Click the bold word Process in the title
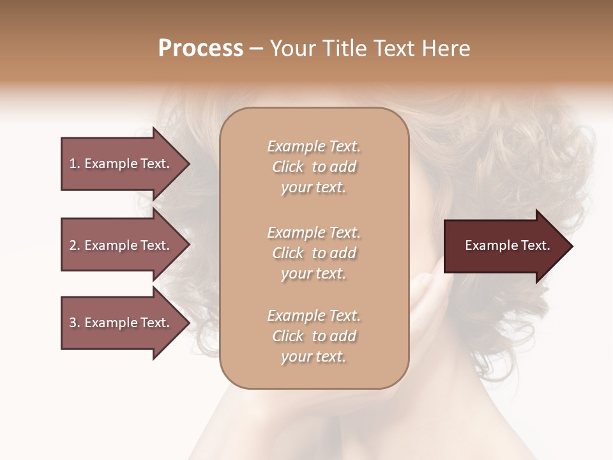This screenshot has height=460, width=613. coord(201,49)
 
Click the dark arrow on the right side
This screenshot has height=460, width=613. coord(504,246)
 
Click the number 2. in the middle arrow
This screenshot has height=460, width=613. coord(74,245)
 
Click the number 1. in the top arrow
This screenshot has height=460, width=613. coord(74,164)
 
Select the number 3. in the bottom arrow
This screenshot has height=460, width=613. coord(74,323)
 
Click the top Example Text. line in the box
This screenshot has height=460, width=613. coord(314,146)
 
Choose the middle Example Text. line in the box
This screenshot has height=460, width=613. coord(314,233)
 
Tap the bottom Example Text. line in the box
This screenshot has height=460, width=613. coord(314,316)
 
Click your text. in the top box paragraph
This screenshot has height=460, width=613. coord(314,188)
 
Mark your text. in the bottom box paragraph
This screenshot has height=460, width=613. coord(314,357)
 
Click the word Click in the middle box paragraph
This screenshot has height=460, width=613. coord(288,253)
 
